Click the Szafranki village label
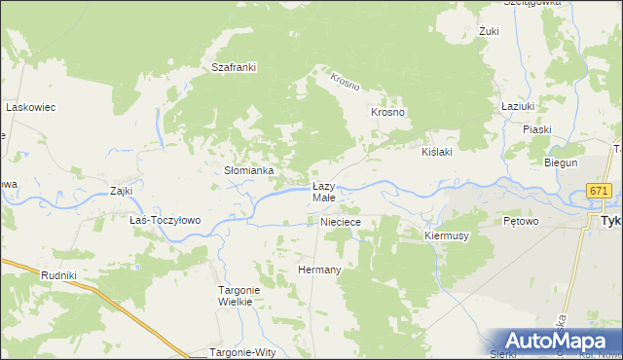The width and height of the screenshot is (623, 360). pos(234,67)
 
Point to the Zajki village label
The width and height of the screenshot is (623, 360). pos(121,191)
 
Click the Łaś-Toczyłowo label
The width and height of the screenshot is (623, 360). pos(165,220)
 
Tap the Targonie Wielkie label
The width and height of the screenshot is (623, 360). pos(236,296)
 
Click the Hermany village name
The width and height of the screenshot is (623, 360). pos(318,270)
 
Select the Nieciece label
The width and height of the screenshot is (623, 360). pos(342,222)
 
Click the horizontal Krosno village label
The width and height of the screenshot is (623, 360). pos(387,112)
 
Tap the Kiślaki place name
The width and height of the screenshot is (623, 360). pos(437,153)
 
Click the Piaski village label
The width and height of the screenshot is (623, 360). pos(536,129)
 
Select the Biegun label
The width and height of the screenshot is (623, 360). pos(561,162)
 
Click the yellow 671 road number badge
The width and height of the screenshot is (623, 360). pos(599,193)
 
